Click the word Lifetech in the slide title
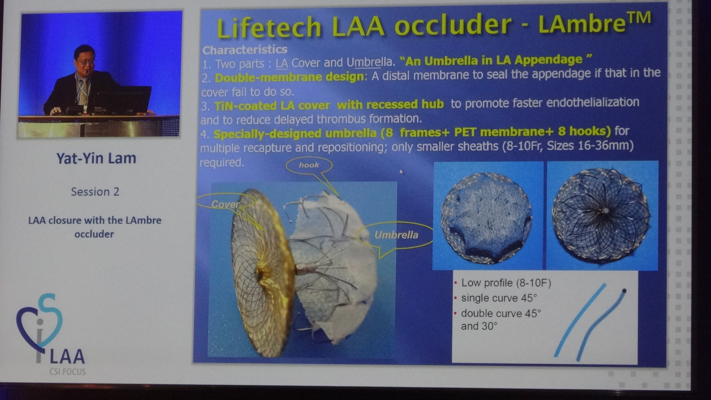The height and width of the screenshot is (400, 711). pos(269,27)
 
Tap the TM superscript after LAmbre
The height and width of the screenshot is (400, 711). pos(638,18)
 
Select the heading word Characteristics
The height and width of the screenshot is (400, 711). pos(245,50)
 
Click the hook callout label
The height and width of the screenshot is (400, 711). pos(309,165)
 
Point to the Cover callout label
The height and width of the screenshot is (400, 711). pos(225,204)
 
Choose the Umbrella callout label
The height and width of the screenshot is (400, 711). pos(396,235)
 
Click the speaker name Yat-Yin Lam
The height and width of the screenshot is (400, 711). pos(96,158)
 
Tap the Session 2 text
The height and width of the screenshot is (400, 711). pos(95,192)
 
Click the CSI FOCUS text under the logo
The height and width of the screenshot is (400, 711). pos(67,371)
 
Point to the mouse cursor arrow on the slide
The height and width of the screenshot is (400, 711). pos(401,172)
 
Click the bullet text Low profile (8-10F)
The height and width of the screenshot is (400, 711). pos(506,283)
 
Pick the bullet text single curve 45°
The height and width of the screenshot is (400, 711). pos(499,298)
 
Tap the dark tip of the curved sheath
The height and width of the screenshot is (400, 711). pos(624,291)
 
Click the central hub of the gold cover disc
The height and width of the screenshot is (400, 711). pos(262,274)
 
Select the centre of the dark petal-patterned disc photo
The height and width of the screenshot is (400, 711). pos(605,211)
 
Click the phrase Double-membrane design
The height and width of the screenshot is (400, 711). pos(289,77)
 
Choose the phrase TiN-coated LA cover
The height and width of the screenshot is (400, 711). pos(272,106)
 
